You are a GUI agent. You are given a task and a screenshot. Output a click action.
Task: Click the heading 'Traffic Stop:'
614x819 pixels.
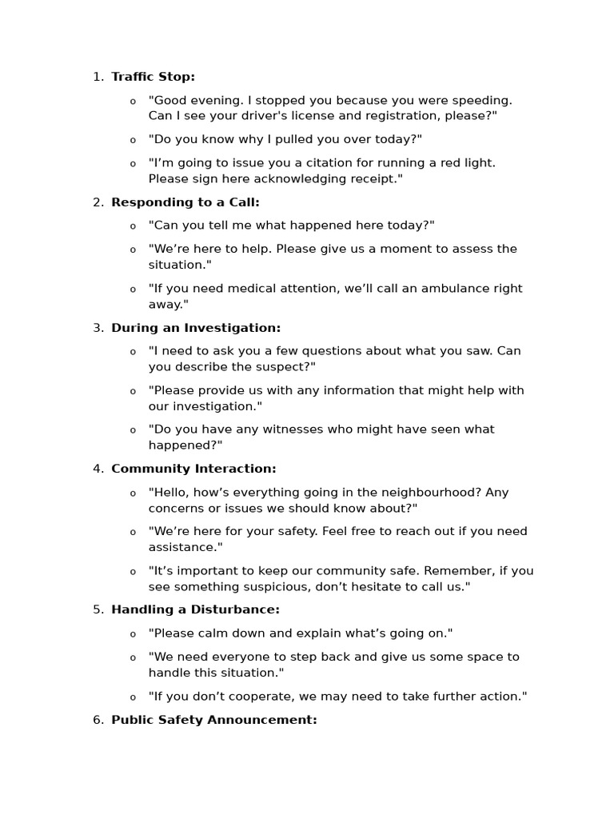pyautogui.click(x=153, y=77)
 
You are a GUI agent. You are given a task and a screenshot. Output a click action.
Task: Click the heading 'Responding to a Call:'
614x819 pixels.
pyautogui.click(x=185, y=202)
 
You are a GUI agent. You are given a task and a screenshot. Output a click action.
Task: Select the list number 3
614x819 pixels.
pyautogui.click(x=97, y=328)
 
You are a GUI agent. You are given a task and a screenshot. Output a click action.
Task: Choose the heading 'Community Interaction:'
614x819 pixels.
pyautogui.click(x=193, y=469)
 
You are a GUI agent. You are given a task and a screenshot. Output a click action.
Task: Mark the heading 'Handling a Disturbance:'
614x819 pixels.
pyautogui.click(x=195, y=609)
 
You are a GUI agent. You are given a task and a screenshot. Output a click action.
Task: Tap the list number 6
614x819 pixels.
pyautogui.click(x=97, y=720)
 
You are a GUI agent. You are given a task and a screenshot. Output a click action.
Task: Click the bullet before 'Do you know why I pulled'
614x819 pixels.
pyautogui.click(x=133, y=141)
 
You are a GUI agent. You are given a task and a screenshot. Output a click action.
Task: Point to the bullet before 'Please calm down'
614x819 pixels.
pyautogui.click(x=133, y=634)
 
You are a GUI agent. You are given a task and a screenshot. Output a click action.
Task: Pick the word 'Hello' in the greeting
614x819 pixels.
pyautogui.click(x=170, y=493)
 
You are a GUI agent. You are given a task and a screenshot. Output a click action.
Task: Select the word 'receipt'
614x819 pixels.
pyautogui.click(x=371, y=179)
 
